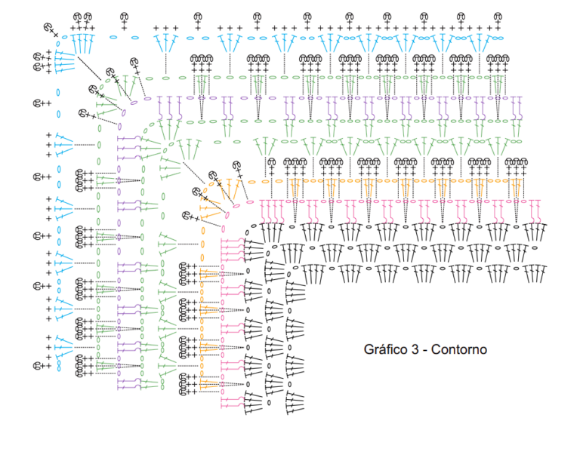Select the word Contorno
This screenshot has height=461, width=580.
pos(459,349)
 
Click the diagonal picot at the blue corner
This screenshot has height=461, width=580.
pos(51,29)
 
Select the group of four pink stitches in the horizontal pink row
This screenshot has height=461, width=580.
pos(272,210)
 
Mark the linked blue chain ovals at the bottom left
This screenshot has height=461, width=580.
pos(59,366)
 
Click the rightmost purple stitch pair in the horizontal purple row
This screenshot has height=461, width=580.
pos(517,108)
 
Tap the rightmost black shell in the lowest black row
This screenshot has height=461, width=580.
pos(535,274)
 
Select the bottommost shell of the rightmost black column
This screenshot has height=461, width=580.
pos(295,404)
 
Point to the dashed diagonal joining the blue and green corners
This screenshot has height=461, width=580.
pos(89,68)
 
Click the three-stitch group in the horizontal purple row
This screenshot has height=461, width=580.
pos(169,108)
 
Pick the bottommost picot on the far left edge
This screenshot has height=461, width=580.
pos(42,366)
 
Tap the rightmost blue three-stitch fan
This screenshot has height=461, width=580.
pos(480,43)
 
